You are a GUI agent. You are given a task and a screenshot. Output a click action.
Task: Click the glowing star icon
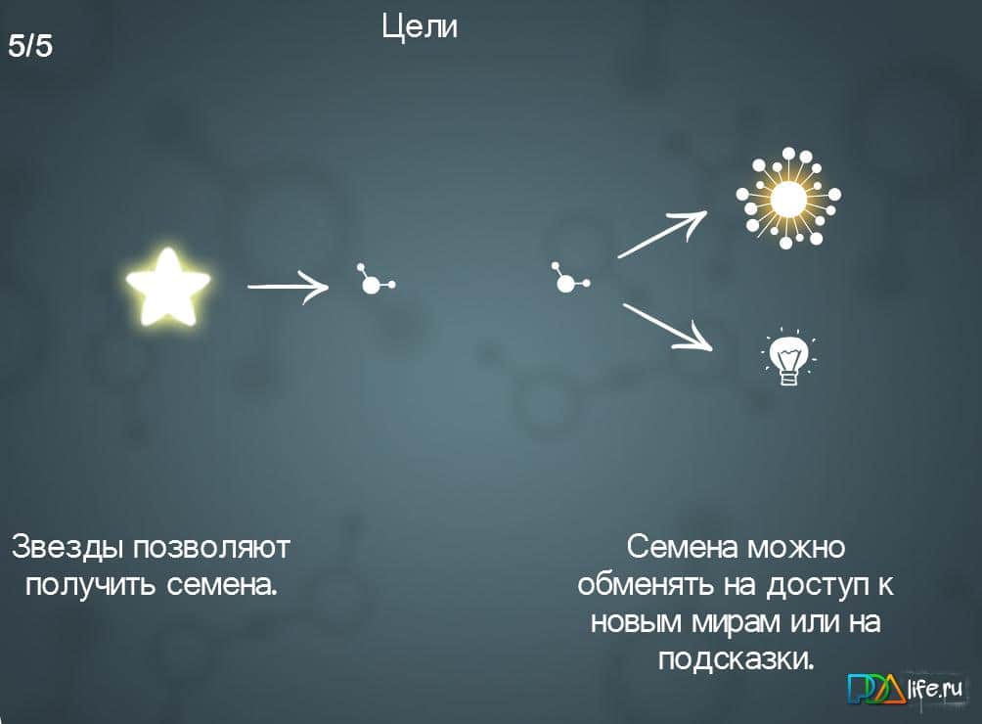[x=168, y=287]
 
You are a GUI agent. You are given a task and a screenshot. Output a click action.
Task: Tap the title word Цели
[x=420, y=26]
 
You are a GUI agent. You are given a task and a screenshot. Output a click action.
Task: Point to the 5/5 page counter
[x=30, y=45]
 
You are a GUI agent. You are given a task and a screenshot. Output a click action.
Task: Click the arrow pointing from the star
[x=289, y=287]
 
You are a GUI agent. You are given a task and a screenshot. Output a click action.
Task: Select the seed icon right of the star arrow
[x=373, y=282]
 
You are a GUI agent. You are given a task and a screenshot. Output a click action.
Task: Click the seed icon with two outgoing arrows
[x=566, y=281]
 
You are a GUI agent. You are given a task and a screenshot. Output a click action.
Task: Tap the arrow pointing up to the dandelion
[x=661, y=234]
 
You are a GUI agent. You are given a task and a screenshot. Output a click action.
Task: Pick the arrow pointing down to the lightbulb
[x=666, y=326]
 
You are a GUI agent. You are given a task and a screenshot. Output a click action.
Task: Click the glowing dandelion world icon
[x=788, y=198]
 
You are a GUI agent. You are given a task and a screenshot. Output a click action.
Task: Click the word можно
[x=799, y=546]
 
